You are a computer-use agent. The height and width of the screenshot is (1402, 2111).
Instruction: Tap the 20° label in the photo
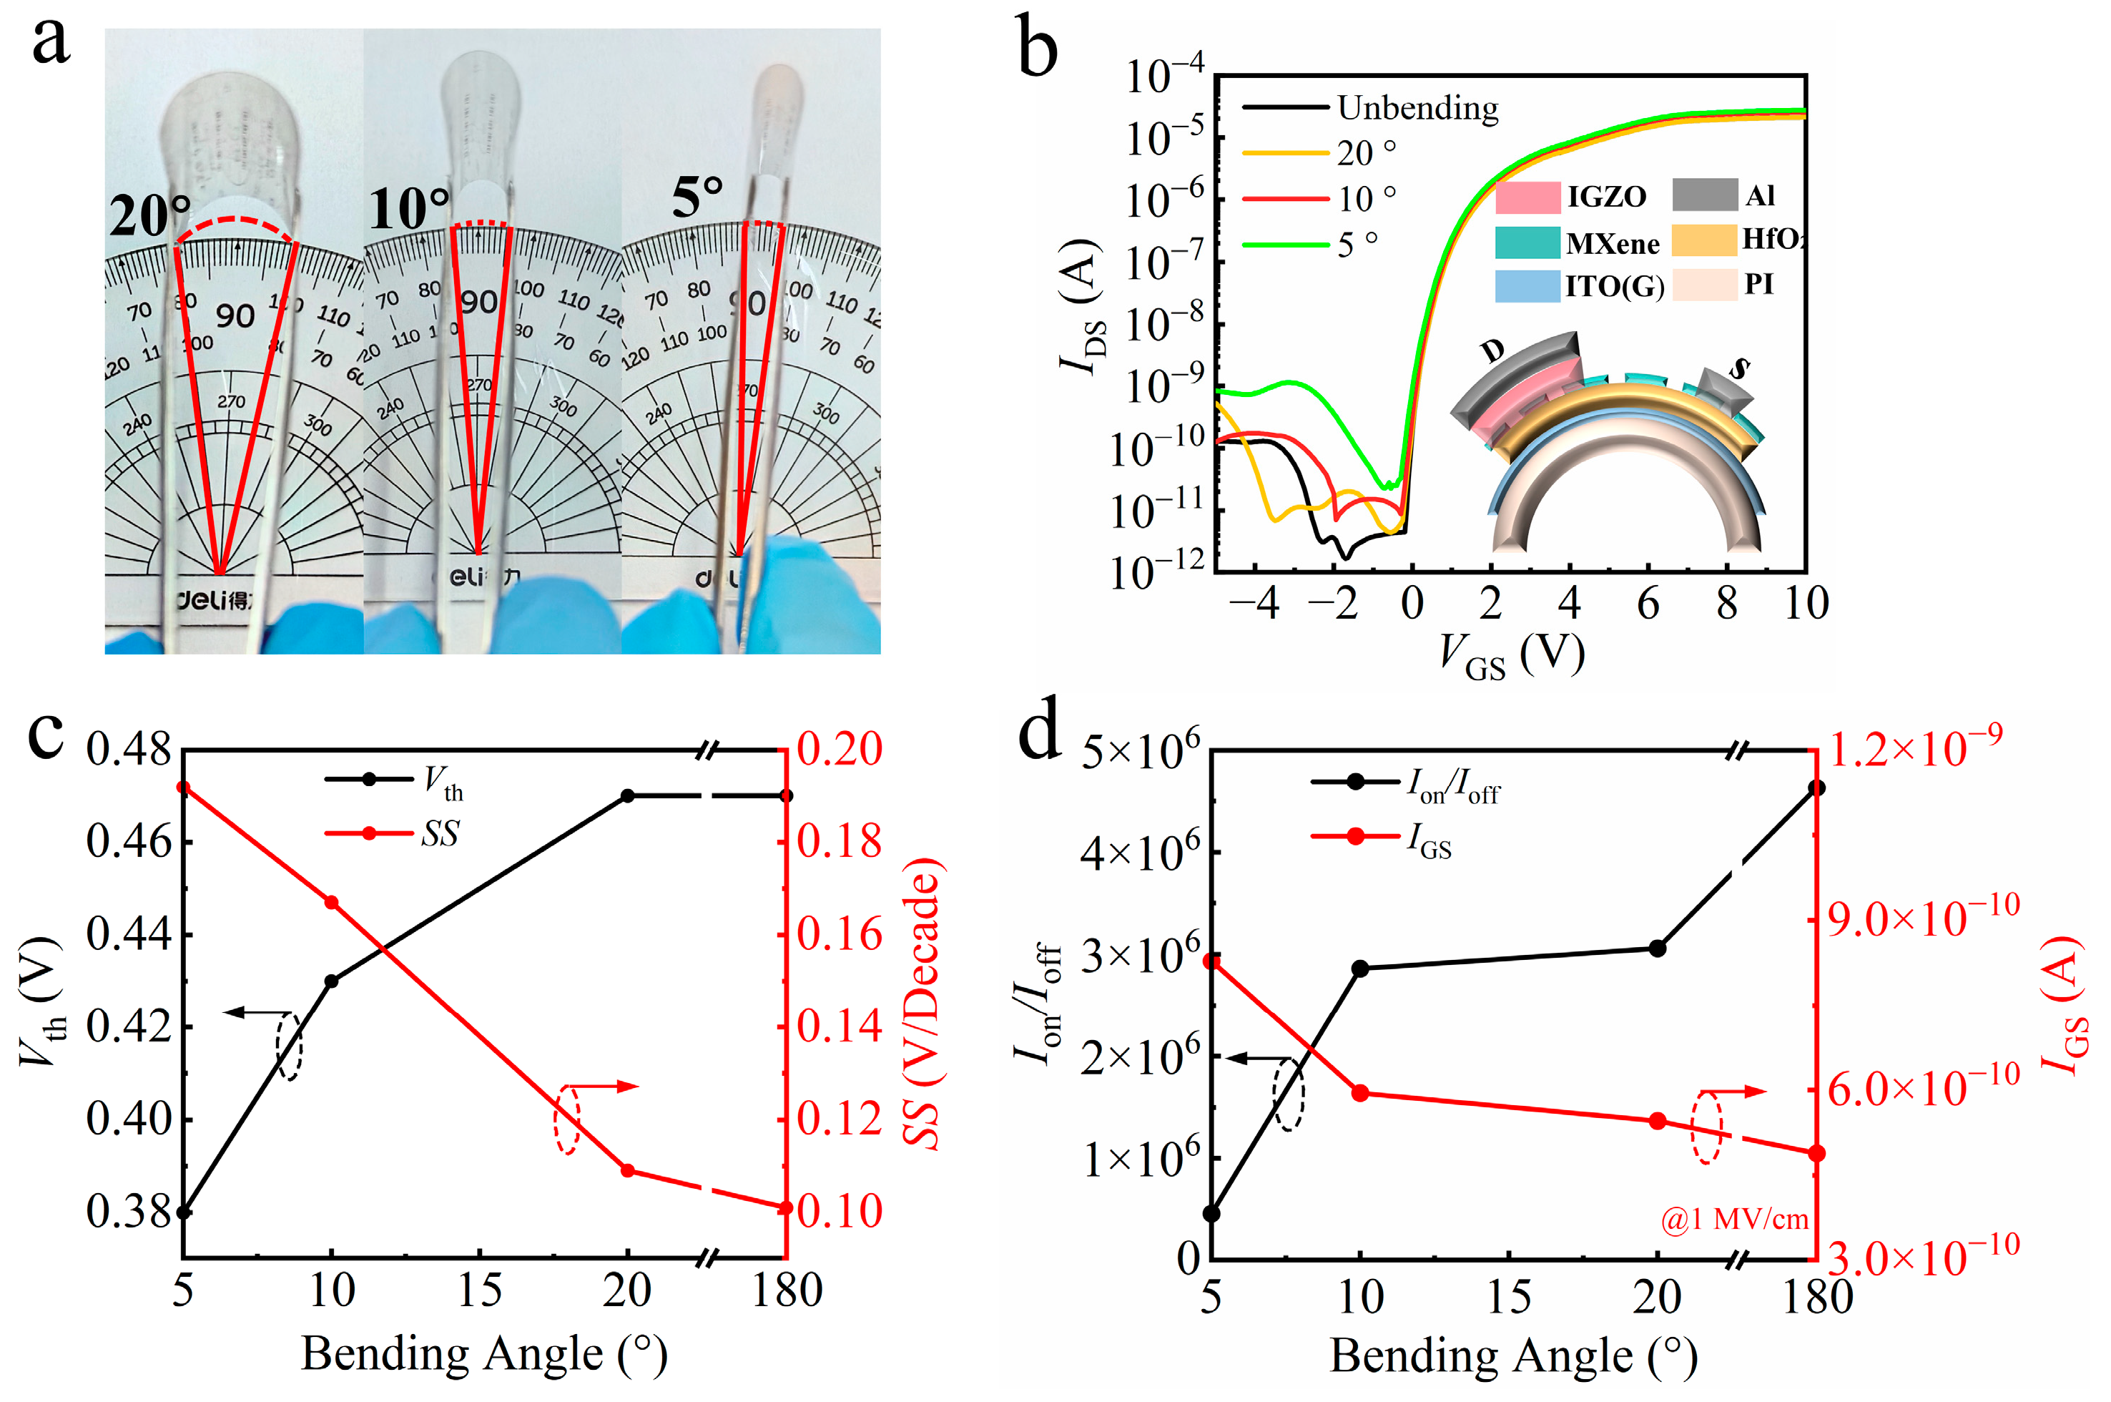point(149,215)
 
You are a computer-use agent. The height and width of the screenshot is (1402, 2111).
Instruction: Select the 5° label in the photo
point(697,197)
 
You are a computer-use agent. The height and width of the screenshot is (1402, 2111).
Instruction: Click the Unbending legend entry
point(1417,108)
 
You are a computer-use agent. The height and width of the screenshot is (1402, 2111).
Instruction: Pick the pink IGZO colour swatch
point(1527,197)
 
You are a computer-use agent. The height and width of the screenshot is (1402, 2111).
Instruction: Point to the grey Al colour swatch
point(1704,195)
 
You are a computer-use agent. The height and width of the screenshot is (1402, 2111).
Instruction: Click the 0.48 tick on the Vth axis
point(128,750)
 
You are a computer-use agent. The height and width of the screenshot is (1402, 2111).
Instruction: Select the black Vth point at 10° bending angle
point(332,981)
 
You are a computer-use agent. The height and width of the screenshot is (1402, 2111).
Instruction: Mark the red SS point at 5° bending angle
point(183,787)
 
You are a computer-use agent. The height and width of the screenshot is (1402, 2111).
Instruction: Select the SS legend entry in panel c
point(439,833)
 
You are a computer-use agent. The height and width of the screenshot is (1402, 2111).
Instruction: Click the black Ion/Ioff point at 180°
point(1816,788)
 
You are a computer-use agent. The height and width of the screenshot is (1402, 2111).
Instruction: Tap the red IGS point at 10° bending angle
point(1360,1093)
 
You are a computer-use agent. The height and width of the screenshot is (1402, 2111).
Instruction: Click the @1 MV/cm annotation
point(1734,1219)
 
